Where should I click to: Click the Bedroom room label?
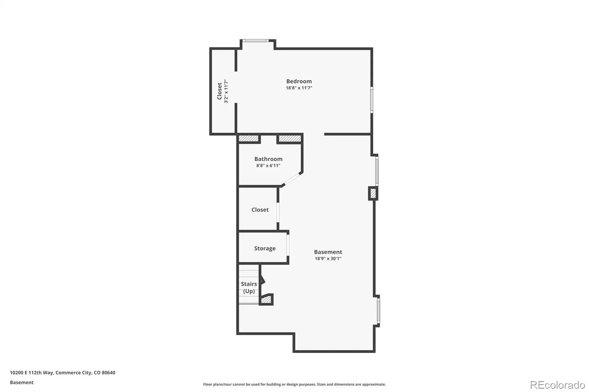click(x=299, y=81)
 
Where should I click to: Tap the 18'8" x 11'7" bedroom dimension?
click(x=299, y=88)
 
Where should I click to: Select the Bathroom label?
click(x=268, y=159)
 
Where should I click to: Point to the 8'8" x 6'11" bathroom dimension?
click(x=268, y=165)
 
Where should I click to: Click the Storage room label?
click(x=265, y=248)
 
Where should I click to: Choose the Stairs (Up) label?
click(x=249, y=288)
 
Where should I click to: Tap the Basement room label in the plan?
click(x=328, y=252)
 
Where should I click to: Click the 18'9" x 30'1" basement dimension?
click(x=328, y=259)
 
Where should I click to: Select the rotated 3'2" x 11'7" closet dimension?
click(x=226, y=91)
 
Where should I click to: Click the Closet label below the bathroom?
click(x=260, y=210)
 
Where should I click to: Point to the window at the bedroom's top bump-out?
click(x=255, y=41)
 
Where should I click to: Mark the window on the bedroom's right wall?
click(x=371, y=100)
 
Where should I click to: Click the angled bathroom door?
click(x=292, y=179)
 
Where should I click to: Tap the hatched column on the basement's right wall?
click(x=373, y=193)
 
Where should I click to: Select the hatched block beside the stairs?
click(x=266, y=300)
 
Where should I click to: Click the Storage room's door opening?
click(x=288, y=245)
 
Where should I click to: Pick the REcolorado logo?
click(x=557, y=385)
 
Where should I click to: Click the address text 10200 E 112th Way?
click(x=32, y=373)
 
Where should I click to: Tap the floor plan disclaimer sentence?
click(x=294, y=384)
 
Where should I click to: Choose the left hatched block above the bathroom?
click(x=248, y=139)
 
